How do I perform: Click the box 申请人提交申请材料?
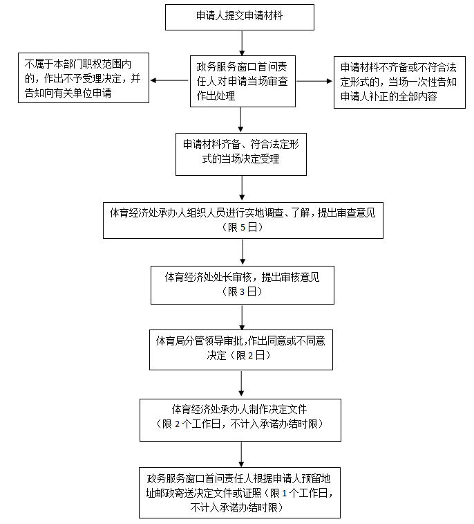pos(240,17)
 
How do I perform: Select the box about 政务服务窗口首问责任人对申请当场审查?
pos(240,81)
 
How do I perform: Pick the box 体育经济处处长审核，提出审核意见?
pos(242,284)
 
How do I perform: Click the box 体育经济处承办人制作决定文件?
pos(240,419)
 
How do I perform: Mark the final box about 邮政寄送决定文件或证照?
pos(240,493)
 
